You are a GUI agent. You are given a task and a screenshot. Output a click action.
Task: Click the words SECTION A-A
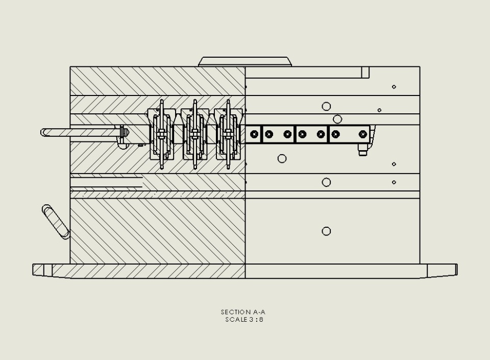tap(243, 312)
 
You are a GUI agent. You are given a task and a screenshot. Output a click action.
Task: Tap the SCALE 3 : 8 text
tap(244, 319)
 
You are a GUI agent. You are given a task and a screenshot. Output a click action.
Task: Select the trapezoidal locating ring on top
tap(245, 62)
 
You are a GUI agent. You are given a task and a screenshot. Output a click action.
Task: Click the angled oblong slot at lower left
tap(56, 222)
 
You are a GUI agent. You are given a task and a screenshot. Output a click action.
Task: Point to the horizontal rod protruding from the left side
tap(81, 132)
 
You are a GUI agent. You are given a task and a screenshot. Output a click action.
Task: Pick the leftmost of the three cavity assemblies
tap(161, 134)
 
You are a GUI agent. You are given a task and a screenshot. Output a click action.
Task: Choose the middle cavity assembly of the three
tap(194, 134)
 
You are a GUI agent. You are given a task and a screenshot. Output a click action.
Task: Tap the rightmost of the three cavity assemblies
tap(228, 134)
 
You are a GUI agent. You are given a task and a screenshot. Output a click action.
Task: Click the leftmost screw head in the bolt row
tap(254, 134)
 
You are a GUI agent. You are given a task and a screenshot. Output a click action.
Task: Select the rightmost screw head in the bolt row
tap(363, 134)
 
